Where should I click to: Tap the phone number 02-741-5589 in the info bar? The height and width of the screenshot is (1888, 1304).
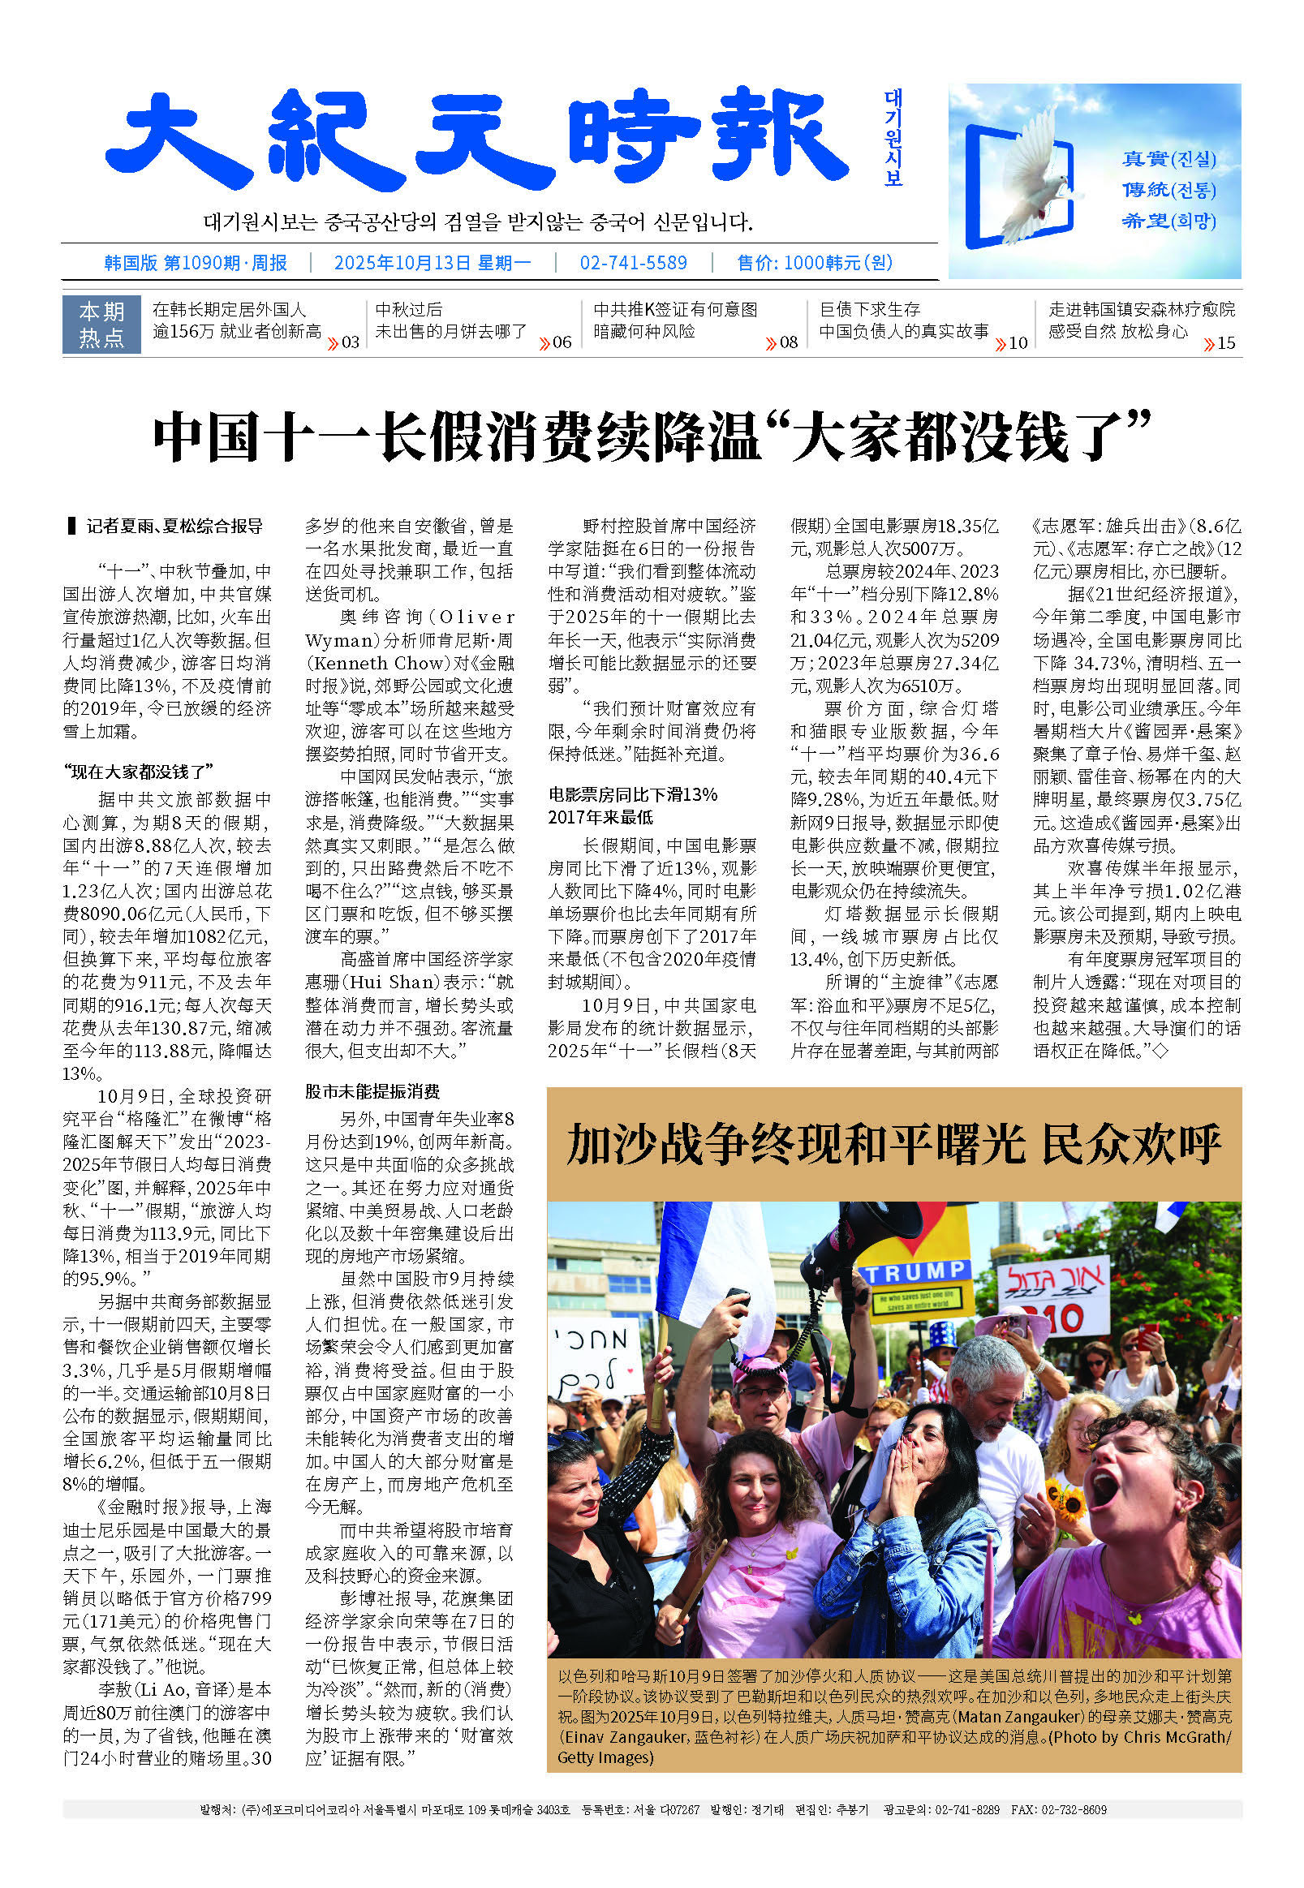[x=633, y=263]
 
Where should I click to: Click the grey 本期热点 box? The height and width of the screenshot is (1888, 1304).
[x=101, y=325]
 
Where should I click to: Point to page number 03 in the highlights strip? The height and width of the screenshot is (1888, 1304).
[x=350, y=343]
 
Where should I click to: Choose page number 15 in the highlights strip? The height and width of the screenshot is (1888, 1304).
[x=1225, y=343]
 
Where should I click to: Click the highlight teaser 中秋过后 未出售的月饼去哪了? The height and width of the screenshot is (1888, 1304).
[x=451, y=320]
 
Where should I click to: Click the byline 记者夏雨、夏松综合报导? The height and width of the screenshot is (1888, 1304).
[x=174, y=526]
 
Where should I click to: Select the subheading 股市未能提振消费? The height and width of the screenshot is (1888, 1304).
[x=372, y=1091]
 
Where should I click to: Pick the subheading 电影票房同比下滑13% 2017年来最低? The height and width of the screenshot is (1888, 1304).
[x=632, y=806]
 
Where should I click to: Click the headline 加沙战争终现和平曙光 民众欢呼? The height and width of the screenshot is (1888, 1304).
[x=894, y=1145]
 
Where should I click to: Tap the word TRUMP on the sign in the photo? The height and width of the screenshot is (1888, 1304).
[x=915, y=1272]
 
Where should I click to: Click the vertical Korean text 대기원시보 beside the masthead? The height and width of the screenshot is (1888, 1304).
[x=893, y=138]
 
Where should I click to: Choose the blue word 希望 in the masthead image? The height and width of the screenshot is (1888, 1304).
[x=1144, y=221]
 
